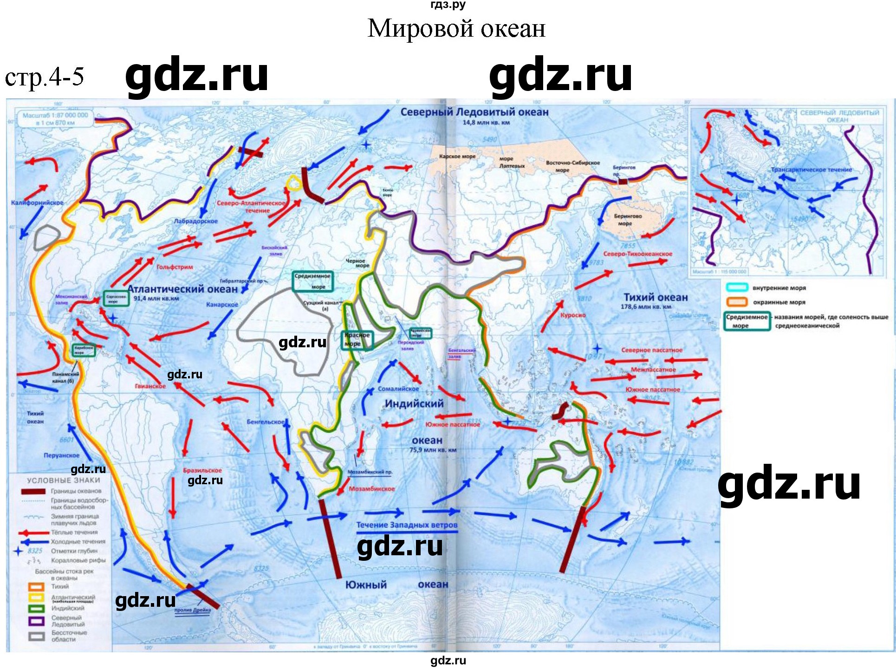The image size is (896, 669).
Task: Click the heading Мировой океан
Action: [456, 29]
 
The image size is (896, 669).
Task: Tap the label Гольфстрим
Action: [175, 267]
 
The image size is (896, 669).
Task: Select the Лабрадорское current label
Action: [195, 221]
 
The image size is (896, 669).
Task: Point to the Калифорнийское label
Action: [37, 203]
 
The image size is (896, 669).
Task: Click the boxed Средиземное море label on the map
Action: [312, 281]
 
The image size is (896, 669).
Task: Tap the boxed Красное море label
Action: [357, 339]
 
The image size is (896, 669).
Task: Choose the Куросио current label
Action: [572, 315]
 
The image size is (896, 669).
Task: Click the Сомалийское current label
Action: [398, 389]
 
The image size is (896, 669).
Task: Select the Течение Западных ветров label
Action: [407, 525]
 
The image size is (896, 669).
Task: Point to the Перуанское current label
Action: [61, 455]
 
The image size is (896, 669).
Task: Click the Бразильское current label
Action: [202, 470]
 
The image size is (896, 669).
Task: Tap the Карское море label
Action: [457, 156]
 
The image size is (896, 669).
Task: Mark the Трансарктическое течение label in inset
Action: [811, 170]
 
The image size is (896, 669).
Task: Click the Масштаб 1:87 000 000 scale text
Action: [55, 115]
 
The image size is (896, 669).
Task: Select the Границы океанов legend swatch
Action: [33, 491]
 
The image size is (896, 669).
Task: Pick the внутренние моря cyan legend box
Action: [736, 288]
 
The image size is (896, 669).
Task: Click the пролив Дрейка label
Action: [192, 610]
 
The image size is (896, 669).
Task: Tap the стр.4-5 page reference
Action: [44, 77]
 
